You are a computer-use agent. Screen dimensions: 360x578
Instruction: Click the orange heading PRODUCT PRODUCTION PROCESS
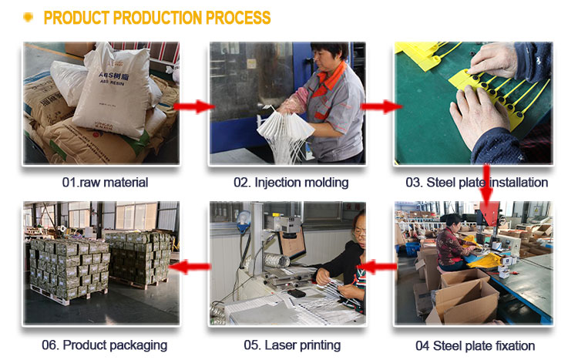tap(157, 17)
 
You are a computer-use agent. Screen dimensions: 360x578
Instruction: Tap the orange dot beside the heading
tap(28, 17)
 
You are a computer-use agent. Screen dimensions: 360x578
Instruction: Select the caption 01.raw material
tap(105, 183)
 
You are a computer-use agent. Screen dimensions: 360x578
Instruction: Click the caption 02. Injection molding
tap(291, 183)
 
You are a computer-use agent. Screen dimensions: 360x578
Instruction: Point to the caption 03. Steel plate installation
tap(476, 183)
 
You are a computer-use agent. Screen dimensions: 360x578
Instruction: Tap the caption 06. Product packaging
tap(104, 345)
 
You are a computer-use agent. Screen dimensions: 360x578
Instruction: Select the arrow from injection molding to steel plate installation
tap(379, 106)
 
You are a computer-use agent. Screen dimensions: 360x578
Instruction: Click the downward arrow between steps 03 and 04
tap(486, 189)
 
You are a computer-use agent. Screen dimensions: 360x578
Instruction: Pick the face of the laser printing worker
tap(360, 226)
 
